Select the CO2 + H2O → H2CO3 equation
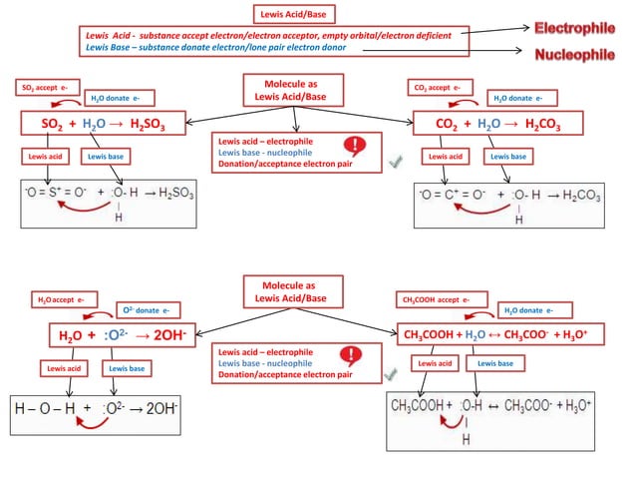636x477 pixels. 498,124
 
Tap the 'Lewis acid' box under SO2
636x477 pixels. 44,157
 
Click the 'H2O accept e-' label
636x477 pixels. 61,298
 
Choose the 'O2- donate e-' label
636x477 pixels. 151,310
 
